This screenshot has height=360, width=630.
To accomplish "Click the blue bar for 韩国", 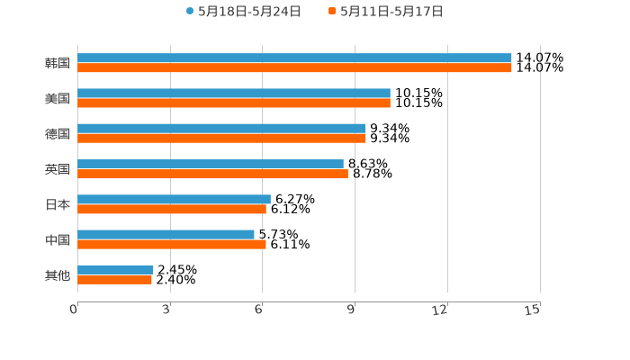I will pyautogui.click(x=294, y=58).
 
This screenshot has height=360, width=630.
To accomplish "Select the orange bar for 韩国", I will pyautogui.click(x=294, y=67).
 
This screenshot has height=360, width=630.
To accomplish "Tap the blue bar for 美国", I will pyautogui.click(x=234, y=94).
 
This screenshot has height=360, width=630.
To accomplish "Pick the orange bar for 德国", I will pyautogui.click(x=221, y=139).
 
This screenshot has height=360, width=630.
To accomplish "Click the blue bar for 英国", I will pyautogui.click(x=211, y=164).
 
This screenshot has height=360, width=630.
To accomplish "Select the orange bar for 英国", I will pyautogui.click(x=212, y=174).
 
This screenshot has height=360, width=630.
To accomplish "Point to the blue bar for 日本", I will pyautogui.click(x=174, y=199).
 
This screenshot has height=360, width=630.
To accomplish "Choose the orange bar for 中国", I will pyautogui.click(x=172, y=244).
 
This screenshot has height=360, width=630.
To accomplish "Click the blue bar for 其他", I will pyautogui.click(x=115, y=269).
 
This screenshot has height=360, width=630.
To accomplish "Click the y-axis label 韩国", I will pyautogui.click(x=58, y=63).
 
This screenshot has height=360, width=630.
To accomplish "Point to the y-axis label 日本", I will pyautogui.click(x=58, y=204).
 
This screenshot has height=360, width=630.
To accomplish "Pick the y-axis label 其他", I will pyautogui.click(x=58, y=274).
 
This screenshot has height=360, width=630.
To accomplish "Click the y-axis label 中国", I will pyautogui.click(x=58, y=239).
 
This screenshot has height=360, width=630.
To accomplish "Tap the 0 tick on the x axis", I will pyautogui.click(x=75, y=310).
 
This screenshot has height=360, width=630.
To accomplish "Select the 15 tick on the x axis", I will pyautogui.click(x=533, y=310).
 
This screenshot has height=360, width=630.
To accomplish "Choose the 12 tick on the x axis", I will pyautogui.click(x=440, y=310).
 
